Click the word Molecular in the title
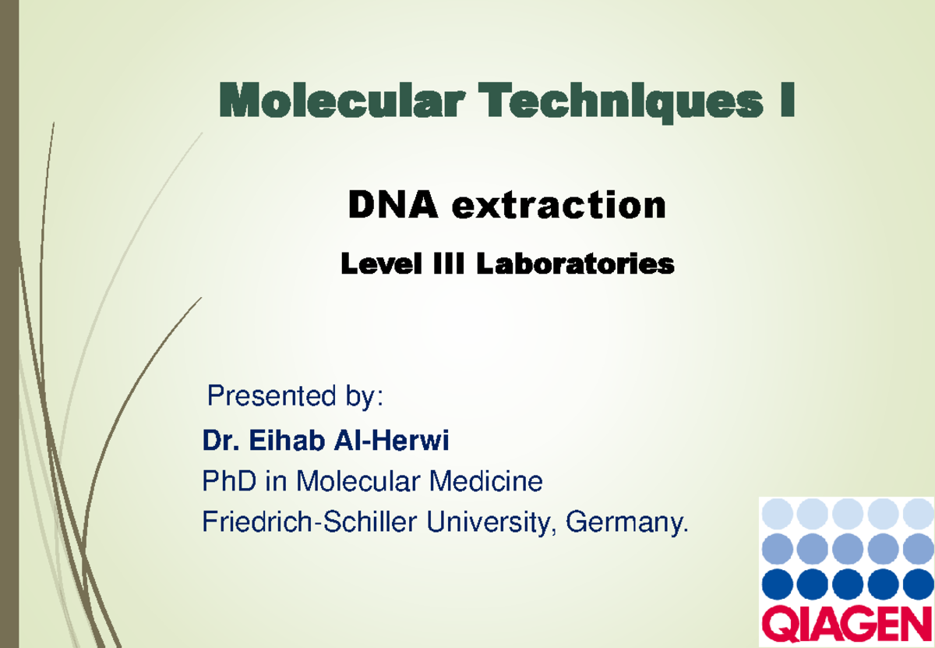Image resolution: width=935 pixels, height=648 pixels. (342, 101)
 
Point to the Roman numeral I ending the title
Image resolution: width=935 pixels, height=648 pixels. (787, 100)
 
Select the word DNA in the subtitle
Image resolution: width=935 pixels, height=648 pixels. (393, 204)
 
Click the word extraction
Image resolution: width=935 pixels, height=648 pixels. (559, 205)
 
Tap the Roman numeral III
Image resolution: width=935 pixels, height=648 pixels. (449, 264)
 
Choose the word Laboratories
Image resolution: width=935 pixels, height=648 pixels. (575, 264)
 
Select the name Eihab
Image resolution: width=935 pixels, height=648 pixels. (288, 440)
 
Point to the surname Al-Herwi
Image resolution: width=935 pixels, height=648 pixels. (391, 440)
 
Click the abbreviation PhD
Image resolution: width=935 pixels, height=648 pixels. (229, 481)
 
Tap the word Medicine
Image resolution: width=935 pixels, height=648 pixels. (486, 481)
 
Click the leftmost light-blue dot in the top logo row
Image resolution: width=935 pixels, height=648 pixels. (778, 513)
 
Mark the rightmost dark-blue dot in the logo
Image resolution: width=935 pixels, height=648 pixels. (919, 584)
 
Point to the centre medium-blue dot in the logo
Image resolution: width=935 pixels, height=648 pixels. (848, 548)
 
